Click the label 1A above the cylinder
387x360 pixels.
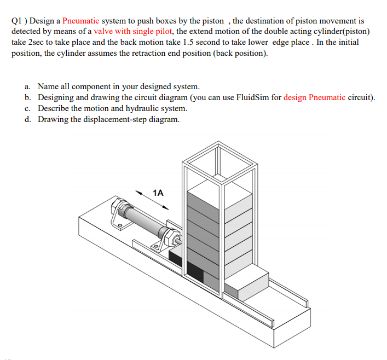pyautogui.click(x=159, y=193)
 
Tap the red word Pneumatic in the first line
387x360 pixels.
pyautogui.click(x=80, y=21)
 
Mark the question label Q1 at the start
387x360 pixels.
pyautogui.click(x=18, y=21)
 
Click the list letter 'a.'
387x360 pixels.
pyautogui.click(x=28, y=87)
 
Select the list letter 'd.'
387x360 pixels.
pyautogui.click(x=28, y=119)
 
